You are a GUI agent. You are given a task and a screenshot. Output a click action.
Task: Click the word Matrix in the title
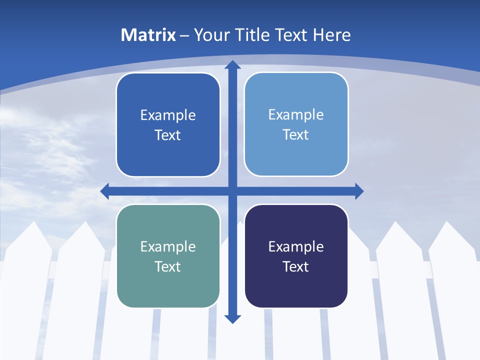tap(148, 35)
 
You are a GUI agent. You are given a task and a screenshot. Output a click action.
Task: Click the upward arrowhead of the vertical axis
tap(232, 64)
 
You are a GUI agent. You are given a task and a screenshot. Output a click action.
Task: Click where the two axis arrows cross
tap(232, 191)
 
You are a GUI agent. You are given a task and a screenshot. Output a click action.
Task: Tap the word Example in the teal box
tap(168, 246)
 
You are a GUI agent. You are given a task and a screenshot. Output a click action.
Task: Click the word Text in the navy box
tap(296, 266)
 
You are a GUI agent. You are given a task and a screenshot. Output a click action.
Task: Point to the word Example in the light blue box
tap(296, 114)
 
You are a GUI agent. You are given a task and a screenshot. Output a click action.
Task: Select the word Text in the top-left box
tap(168, 135)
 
